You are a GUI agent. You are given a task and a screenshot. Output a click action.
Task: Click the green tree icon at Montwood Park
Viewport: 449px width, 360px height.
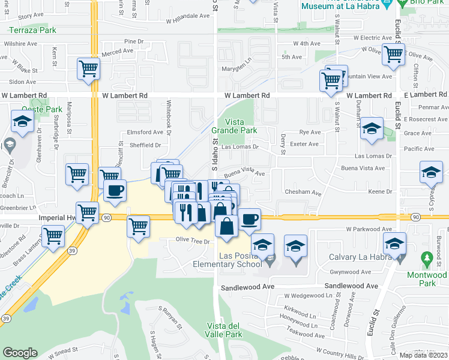[x=427, y=260]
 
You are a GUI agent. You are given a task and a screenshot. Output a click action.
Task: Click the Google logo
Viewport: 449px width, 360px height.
[x=19, y=353]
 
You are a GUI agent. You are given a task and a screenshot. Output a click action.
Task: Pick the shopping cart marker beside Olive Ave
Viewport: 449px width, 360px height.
[x=393, y=53]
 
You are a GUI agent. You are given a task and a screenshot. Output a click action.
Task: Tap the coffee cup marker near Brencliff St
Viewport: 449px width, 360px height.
[x=115, y=190]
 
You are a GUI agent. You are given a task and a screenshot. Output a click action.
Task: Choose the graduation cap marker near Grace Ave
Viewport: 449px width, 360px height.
[x=372, y=128]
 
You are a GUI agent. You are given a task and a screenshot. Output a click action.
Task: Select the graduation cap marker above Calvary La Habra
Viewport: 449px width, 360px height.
[x=394, y=243]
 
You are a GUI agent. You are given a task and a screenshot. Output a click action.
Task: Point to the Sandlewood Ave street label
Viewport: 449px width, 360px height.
[x=247, y=287]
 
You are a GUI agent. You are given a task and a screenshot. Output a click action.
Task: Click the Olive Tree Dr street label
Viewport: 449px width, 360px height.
[x=192, y=241]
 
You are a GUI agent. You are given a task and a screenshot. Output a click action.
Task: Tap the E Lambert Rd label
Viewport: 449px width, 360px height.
[x=426, y=95]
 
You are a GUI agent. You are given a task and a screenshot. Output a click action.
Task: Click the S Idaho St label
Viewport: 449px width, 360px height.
[x=214, y=153]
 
